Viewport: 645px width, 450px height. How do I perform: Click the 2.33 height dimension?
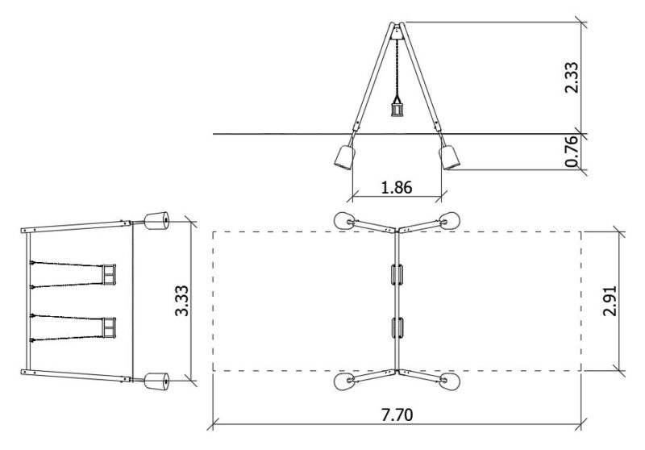pyautogui.click(x=572, y=77)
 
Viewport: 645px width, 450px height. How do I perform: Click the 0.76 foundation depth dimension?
pyautogui.click(x=572, y=152)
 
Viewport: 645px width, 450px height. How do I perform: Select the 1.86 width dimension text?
pyautogui.click(x=397, y=187)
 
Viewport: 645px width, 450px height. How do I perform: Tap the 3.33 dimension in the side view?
pyautogui.click(x=181, y=301)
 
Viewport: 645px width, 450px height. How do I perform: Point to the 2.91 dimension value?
pyautogui.click(x=610, y=301)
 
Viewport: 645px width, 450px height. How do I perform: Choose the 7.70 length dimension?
pyautogui.click(x=397, y=415)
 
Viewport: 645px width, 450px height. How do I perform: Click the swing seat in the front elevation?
pyautogui.click(x=397, y=110)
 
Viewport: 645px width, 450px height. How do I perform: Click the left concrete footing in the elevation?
pyautogui.click(x=344, y=157)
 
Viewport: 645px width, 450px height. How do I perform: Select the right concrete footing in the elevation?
pyautogui.click(x=449, y=157)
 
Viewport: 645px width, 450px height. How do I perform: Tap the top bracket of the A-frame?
pyautogui.click(x=397, y=31)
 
